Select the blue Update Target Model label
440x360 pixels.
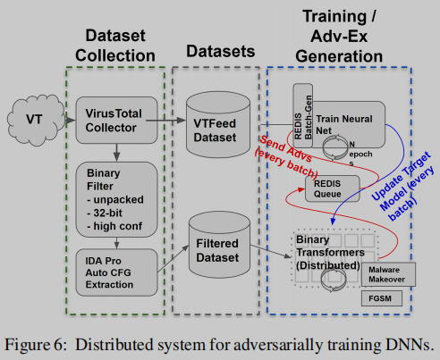(400, 179)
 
